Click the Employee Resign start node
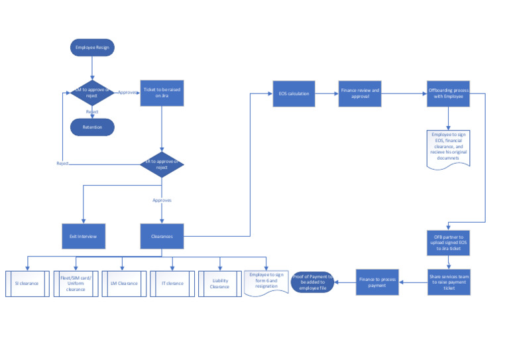pyautogui.click(x=93, y=48)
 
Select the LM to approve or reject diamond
pyautogui.click(x=93, y=93)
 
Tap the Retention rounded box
pyautogui.click(x=93, y=127)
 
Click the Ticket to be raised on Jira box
pyautogui.click(x=162, y=93)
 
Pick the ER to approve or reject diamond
pyautogui.click(x=162, y=164)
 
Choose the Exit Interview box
pyautogui.click(x=83, y=236)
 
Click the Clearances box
pyautogui.click(x=162, y=236)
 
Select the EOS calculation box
pyautogui.click(x=294, y=93)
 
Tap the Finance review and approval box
pyautogui.click(x=360, y=93)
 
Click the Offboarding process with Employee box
pyautogui.click(x=449, y=93)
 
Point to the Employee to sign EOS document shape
pyautogui.click(x=449, y=148)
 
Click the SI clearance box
pyautogui.click(x=27, y=283)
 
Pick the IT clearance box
pyautogui.click(x=172, y=283)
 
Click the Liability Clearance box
pyautogui.click(x=219, y=283)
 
